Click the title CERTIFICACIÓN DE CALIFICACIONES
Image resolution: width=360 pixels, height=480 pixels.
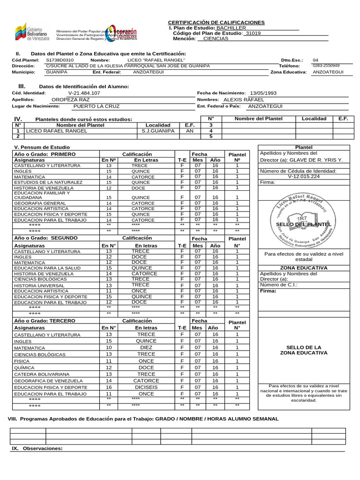point(216,22)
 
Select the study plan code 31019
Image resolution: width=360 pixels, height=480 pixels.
point(253,33)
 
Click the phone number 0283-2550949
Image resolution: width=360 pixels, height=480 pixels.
point(326,66)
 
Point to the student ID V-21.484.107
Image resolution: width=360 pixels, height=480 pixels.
point(84,93)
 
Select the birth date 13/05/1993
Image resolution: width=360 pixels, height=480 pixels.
point(263,93)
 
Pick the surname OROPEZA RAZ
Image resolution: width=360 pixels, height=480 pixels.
point(70,100)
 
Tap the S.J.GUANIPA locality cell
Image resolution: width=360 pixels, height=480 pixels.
point(158,131)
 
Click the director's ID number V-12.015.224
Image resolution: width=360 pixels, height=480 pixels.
point(304,176)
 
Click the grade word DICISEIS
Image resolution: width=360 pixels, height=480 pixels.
point(146,388)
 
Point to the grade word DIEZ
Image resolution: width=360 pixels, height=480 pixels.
point(146,348)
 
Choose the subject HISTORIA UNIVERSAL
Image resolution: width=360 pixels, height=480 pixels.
point(39,285)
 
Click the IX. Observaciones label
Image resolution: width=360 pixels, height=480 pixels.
point(37,449)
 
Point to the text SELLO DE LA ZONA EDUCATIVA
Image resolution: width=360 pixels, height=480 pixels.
point(303,350)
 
